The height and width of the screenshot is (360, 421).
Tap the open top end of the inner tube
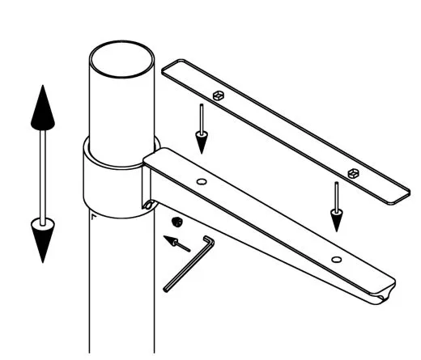coord(121,58)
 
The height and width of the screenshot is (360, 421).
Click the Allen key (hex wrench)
coord(186,263)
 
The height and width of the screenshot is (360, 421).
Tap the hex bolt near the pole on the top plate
coord(218,95)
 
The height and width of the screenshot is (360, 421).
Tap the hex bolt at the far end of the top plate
coord(353,172)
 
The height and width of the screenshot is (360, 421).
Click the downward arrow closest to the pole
coord(200,129)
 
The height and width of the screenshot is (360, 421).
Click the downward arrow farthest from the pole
coord(334,207)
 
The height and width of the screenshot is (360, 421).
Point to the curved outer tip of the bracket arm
coord(387,290)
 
